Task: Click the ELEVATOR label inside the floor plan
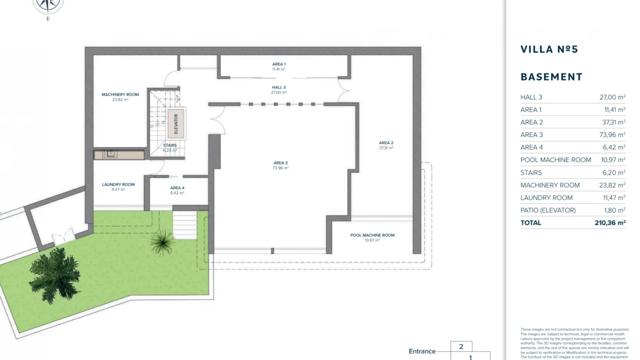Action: [176, 124]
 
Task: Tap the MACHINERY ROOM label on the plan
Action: [120, 95]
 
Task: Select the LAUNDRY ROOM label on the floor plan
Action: [118, 184]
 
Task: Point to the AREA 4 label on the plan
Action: [177, 188]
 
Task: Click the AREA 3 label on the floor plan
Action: [280, 163]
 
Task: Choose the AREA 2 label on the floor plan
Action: [386, 143]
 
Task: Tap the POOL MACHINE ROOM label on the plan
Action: [372, 235]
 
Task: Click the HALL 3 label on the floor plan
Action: [279, 87]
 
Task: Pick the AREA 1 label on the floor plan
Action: [279, 64]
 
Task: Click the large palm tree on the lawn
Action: [55, 275]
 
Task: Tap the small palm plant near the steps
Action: [162, 242]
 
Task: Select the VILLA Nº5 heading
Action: [549, 49]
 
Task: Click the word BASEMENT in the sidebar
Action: [552, 77]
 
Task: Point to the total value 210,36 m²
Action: [610, 223]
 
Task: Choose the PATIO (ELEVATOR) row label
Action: [548, 210]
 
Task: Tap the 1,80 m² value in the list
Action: [615, 210]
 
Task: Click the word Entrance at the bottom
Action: [422, 351]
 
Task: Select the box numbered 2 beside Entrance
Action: [461, 346]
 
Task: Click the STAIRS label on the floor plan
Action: [170, 145]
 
